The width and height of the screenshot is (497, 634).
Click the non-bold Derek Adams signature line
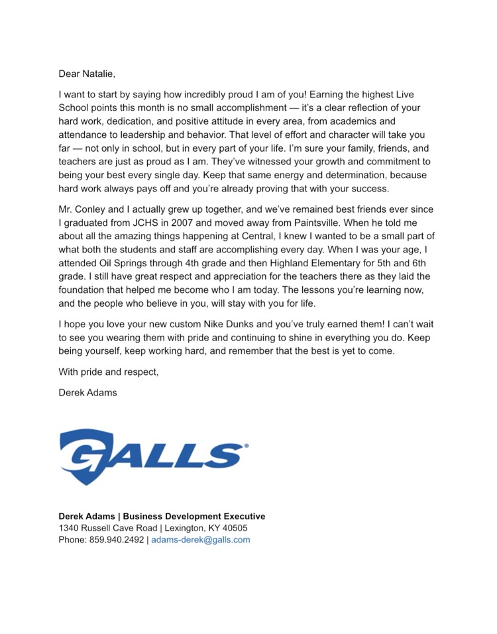click(x=87, y=392)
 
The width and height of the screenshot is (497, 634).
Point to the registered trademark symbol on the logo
click(x=247, y=447)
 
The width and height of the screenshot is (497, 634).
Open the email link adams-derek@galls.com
click(x=200, y=540)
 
